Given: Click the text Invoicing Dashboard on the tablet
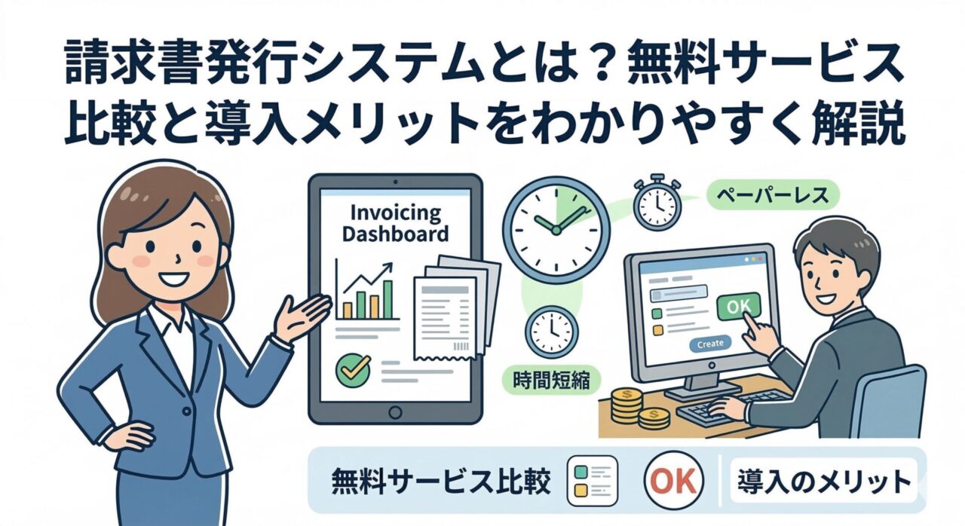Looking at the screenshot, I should [395, 222].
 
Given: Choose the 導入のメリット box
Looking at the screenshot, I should [822, 482].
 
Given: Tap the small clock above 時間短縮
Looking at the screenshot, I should [553, 330].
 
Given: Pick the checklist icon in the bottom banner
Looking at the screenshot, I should [591, 481].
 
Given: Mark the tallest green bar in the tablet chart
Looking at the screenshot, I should [388, 299].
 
